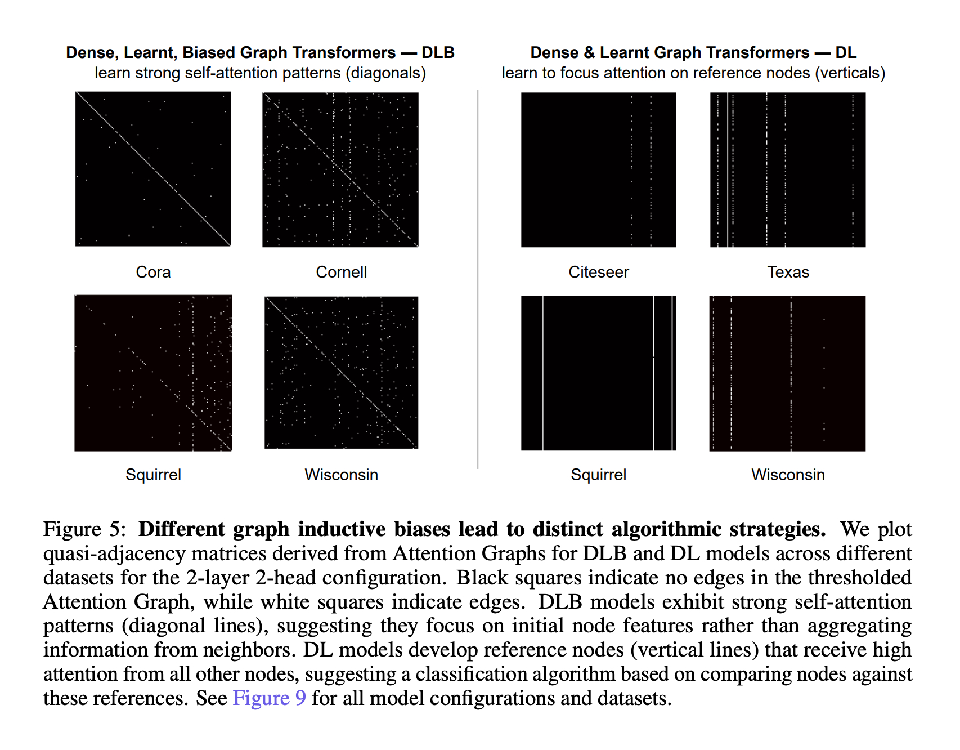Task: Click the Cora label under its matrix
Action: coord(153,272)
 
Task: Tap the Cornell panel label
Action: coord(341,272)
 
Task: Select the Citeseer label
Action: coord(598,272)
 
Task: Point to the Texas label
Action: coord(788,272)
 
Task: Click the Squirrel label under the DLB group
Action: coord(153,475)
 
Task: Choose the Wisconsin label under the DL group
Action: coord(788,475)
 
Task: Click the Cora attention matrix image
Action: coord(153,169)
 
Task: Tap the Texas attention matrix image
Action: coord(788,169)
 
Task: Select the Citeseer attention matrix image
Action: coord(598,169)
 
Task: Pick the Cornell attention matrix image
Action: coord(340,169)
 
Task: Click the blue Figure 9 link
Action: coord(269,698)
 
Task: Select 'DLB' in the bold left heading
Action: coord(438,52)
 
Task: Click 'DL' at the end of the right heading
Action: coord(846,52)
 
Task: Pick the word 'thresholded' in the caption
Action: coord(859,578)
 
